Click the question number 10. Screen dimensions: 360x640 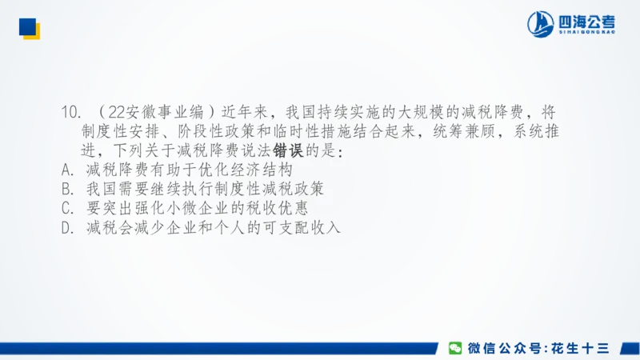coord(70,110)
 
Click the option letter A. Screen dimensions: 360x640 coord(67,170)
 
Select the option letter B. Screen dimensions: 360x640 coord(67,190)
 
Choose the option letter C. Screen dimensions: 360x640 coord(67,209)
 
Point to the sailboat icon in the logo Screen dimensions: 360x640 coord(541,24)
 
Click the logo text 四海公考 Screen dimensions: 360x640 coord(588,20)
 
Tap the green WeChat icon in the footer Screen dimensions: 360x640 coord(454,347)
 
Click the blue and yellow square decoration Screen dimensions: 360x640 coord(30,27)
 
